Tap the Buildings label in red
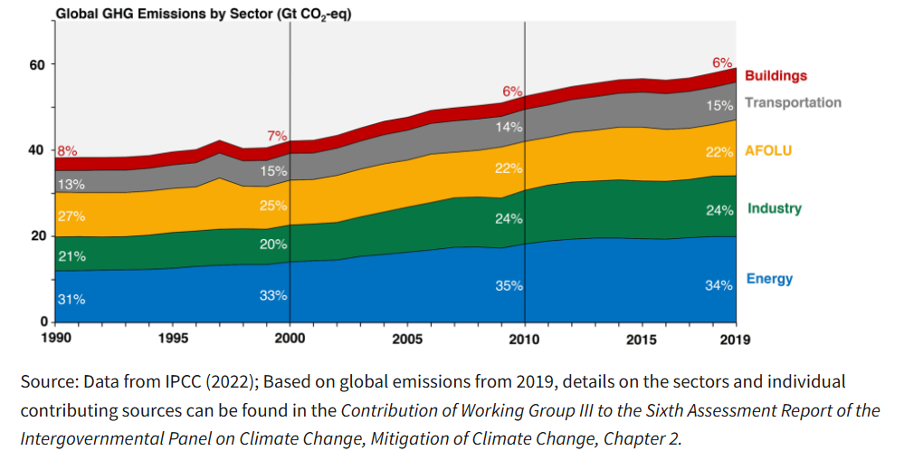coord(776,76)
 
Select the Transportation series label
coord(793,102)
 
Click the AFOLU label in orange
coord(767,150)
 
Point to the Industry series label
coord(775,208)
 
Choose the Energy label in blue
coord(769,278)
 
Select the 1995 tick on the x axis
coord(173,340)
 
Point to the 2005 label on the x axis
coord(407,340)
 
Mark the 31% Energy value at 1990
coord(71,300)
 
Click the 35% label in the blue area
coord(509,285)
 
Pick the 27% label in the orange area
coord(71,216)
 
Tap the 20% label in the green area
coord(274,244)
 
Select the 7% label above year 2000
coord(276,136)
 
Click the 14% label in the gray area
coord(509,128)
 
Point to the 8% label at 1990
coord(67,151)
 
